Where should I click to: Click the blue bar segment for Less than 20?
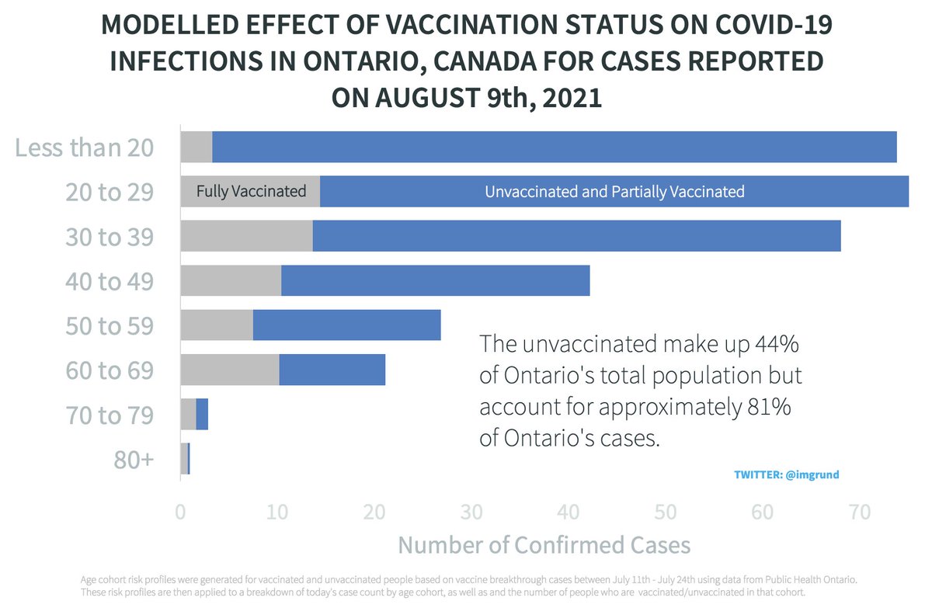[x=554, y=147]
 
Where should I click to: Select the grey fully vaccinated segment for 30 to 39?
[x=246, y=236]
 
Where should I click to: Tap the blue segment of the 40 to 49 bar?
[x=435, y=280]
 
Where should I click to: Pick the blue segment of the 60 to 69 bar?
[x=332, y=370]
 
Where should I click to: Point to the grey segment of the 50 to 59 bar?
[x=217, y=325]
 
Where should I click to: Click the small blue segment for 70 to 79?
[x=202, y=414]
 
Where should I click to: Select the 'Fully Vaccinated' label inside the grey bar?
[x=251, y=191]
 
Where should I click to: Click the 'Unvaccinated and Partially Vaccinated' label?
[x=614, y=192]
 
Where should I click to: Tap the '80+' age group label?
[x=134, y=459]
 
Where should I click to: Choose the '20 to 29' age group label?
[x=109, y=192]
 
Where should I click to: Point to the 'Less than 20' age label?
[x=85, y=147]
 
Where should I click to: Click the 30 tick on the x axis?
[x=471, y=512]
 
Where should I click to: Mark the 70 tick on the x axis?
[x=859, y=512]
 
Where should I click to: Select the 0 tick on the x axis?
[x=181, y=512]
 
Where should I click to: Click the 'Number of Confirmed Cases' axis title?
[x=544, y=545]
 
